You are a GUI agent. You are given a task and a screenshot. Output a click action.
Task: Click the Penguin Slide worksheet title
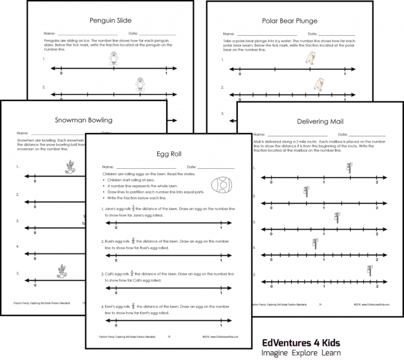(x=110, y=21)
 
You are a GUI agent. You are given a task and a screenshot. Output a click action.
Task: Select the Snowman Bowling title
(x=83, y=120)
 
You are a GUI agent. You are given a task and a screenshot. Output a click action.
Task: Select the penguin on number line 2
(x=139, y=84)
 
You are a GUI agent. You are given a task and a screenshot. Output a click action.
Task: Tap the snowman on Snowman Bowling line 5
(x=62, y=271)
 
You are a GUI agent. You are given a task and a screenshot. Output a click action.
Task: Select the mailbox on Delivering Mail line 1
(x=349, y=167)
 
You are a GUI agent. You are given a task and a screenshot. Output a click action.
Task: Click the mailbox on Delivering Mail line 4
(x=315, y=243)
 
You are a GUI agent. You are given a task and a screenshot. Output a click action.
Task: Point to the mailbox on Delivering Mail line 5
(x=370, y=270)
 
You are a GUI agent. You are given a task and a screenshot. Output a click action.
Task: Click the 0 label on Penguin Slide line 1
(x=62, y=75)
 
